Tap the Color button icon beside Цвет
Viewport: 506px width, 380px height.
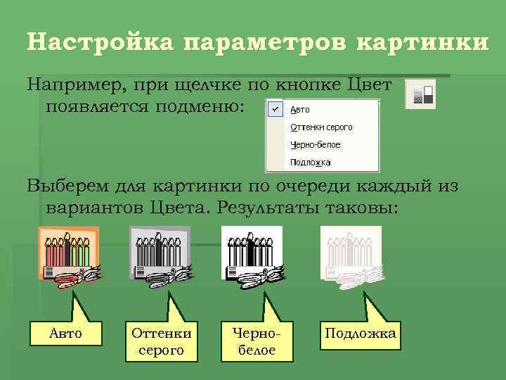(420, 93)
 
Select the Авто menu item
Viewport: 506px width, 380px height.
(299, 110)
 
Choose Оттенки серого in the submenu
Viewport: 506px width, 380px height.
(320, 127)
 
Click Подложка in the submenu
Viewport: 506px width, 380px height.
(309, 163)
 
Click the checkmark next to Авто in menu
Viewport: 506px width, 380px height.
(275, 110)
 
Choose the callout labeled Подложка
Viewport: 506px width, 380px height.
(359, 333)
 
